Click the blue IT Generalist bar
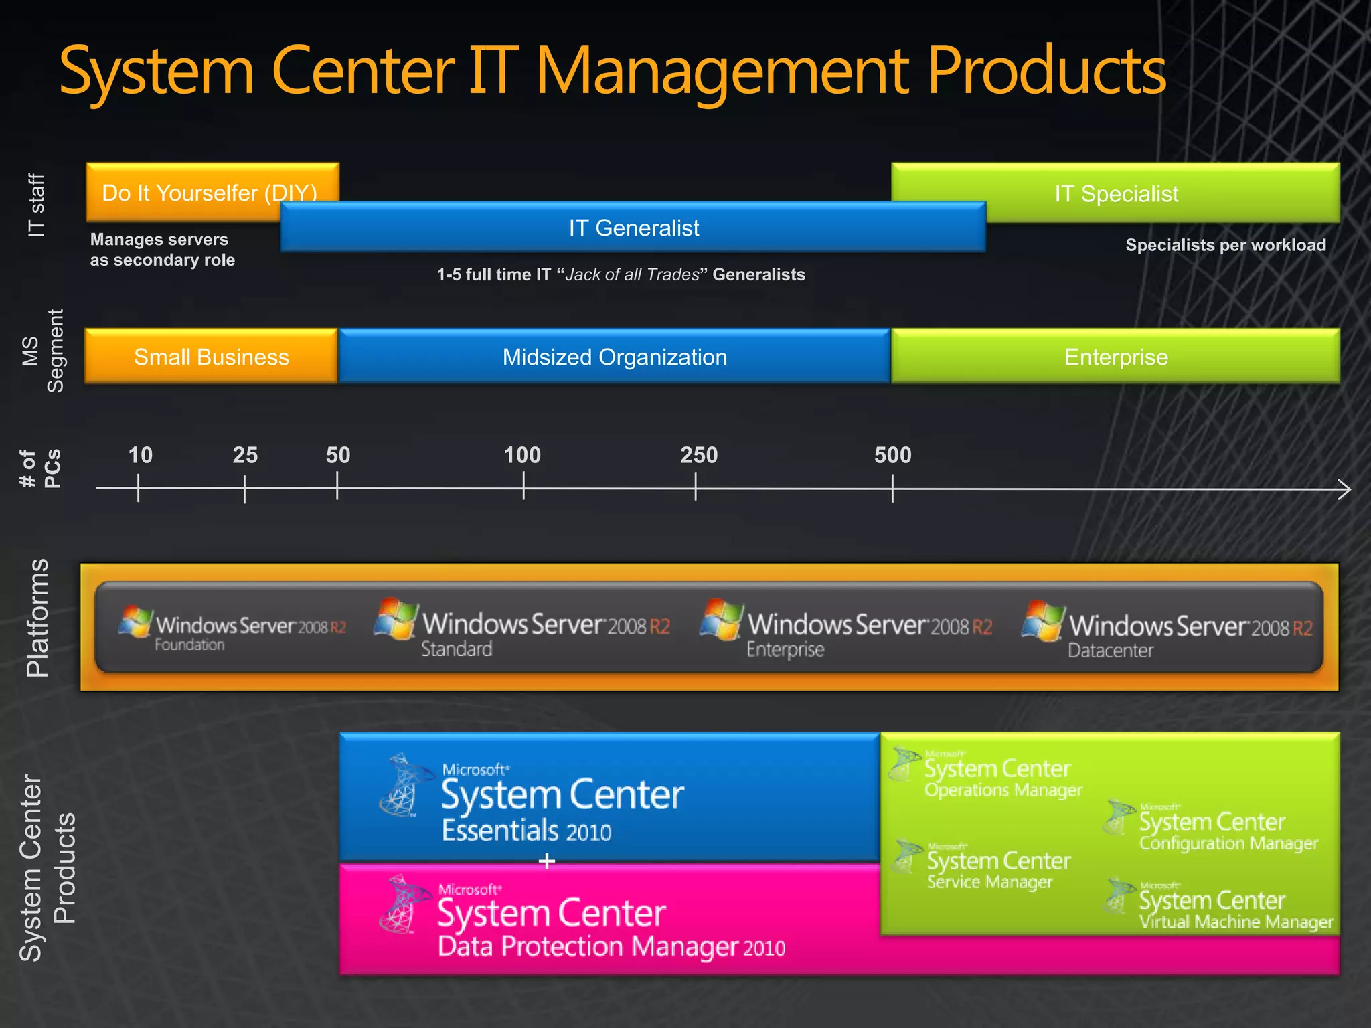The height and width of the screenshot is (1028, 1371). tap(633, 228)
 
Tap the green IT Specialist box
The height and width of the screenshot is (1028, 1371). tap(1116, 193)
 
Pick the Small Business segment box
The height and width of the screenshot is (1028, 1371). tap(211, 357)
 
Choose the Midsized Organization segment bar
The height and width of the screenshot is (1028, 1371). tap(615, 357)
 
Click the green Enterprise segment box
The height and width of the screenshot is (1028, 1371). tap(1116, 357)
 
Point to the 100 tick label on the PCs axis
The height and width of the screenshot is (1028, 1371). tap(522, 455)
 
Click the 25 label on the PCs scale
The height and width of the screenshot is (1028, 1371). tap(245, 455)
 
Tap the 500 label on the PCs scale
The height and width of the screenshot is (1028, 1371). tap(892, 455)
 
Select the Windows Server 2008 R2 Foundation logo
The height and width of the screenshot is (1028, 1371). tap(232, 628)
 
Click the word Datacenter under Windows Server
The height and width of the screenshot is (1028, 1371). tap(1110, 650)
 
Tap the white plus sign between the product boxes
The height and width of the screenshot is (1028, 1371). tap(547, 861)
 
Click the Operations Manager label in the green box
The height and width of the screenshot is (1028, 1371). tap(1003, 790)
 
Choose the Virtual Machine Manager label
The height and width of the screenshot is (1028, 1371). tap(1236, 922)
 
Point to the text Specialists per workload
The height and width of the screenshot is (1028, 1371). tap(1225, 245)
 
